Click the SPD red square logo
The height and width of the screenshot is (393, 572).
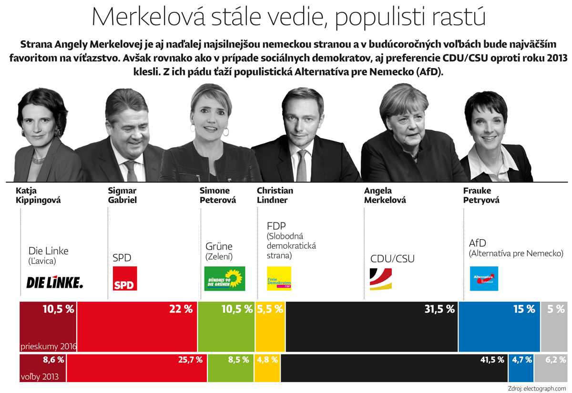[124, 278]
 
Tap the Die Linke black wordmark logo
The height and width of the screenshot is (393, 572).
[54, 282]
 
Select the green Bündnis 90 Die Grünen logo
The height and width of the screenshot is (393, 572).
[225, 278]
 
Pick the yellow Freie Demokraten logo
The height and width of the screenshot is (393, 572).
[279, 278]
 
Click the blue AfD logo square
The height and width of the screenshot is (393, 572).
[484, 278]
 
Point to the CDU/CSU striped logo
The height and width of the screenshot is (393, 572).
[381, 279]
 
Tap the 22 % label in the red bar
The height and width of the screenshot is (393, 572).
[181, 309]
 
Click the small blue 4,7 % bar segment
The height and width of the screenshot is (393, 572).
[521, 368]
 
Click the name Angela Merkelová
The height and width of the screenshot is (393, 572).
[385, 195]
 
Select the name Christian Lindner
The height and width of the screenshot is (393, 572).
[275, 195]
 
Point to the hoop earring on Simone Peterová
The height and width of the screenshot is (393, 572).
[226, 131]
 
